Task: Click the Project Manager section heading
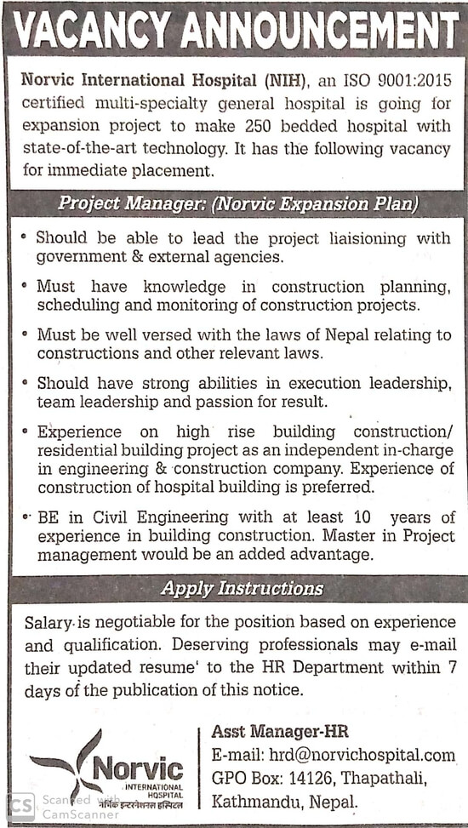point(237,203)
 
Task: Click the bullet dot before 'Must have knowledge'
point(26,285)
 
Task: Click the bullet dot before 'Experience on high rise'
point(26,431)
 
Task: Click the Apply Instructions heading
point(243,588)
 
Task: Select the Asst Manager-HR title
point(280,732)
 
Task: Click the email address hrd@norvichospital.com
point(362,755)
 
